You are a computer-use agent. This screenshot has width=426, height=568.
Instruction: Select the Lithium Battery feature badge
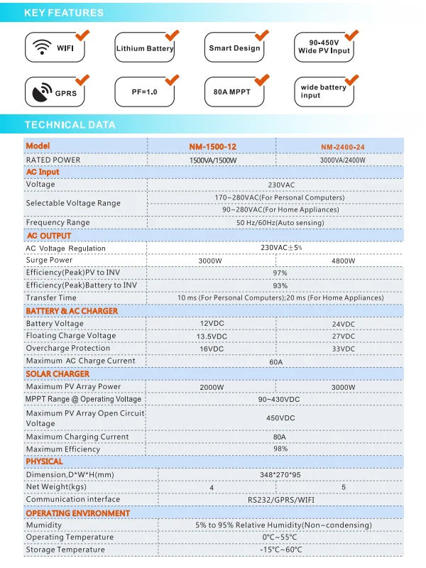(145, 48)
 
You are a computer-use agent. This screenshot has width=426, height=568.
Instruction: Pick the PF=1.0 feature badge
(145, 92)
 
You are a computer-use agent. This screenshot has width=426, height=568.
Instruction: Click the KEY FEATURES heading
(64, 13)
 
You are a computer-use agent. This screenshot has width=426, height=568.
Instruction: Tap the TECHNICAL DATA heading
(70, 125)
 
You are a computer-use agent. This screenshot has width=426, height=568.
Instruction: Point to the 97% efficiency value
(280, 273)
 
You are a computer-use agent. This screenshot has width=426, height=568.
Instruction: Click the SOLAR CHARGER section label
(58, 374)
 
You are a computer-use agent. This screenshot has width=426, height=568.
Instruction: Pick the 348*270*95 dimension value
(280, 474)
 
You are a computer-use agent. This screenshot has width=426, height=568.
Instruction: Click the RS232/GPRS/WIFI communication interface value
(280, 499)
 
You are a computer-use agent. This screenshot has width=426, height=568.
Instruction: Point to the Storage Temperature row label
(65, 550)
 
